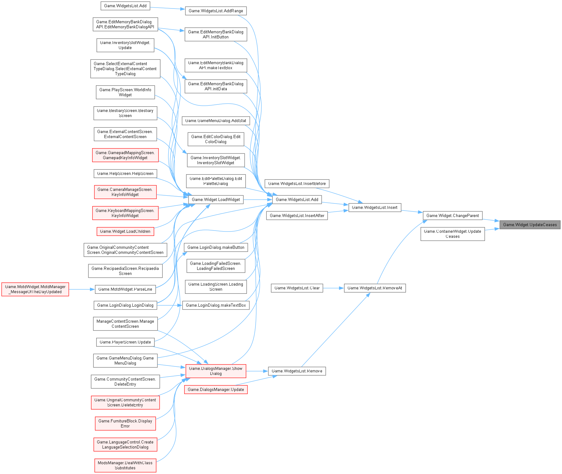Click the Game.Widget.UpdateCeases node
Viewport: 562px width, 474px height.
coord(530,225)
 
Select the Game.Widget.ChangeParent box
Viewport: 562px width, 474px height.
coord(452,215)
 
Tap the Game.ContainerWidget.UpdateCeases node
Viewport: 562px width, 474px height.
coord(453,234)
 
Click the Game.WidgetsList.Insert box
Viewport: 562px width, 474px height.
coord(375,207)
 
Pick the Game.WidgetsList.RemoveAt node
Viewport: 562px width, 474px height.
coord(375,288)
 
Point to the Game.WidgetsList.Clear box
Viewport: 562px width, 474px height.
coord(297,288)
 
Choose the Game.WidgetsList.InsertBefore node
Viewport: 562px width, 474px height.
coord(297,183)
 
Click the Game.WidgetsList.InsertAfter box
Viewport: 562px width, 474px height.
coord(297,215)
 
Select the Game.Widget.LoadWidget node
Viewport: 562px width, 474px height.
coord(216,199)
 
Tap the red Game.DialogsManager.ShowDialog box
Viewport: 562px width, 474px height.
coord(216,371)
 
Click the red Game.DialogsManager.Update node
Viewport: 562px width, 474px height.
coord(216,389)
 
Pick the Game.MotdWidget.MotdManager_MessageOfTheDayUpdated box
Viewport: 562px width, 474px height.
coord(35,289)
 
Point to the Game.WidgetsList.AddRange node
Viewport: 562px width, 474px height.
coord(216,11)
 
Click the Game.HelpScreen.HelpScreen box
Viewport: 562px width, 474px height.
coord(125,173)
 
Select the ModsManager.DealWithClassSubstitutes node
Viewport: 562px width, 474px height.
coord(125,465)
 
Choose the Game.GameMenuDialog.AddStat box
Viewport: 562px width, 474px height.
coord(216,120)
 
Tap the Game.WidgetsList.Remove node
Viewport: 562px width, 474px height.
coord(297,371)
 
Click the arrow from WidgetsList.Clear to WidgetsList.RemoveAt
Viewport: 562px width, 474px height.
coord(333,288)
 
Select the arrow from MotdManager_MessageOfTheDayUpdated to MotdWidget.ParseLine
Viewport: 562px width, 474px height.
coord(82,289)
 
